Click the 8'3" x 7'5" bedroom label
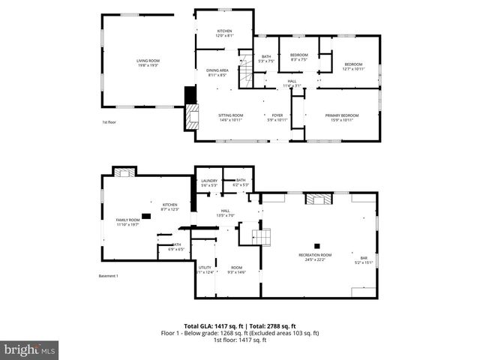point(299,57)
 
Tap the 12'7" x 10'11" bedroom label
point(353,66)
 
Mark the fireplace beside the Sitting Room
point(192,116)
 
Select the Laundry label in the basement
point(209,182)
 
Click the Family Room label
point(127,222)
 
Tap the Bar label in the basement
point(363,259)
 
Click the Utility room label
point(205,269)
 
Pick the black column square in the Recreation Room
point(316,246)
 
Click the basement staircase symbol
point(260,237)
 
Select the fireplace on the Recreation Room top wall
point(318,199)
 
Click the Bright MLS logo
point(31,349)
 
